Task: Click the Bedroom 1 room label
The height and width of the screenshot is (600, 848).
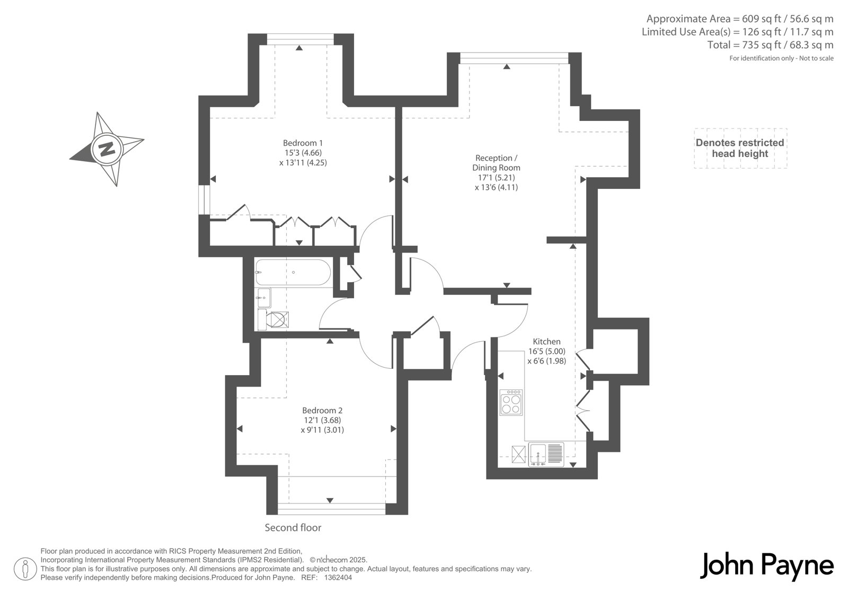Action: click(303, 143)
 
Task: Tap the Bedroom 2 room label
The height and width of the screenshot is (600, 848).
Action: click(322, 410)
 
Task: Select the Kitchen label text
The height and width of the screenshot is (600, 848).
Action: click(546, 341)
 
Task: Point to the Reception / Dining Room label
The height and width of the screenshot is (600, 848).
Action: click(496, 163)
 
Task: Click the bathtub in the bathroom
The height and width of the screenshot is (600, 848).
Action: click(293, 272)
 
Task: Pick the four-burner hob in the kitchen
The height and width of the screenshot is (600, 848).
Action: click(511, 403)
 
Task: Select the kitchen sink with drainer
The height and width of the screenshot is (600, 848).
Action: click(546, 455)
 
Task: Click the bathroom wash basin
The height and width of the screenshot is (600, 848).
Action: click(264, 298)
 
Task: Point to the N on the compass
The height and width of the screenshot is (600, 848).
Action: click(107, 148)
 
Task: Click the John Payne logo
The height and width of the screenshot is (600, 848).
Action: click(766, 566)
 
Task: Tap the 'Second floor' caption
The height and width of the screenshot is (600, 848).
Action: click(293, 528)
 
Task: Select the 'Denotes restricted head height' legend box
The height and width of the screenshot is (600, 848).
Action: click(740, 148)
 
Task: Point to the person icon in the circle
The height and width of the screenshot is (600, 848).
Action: click(25, 569)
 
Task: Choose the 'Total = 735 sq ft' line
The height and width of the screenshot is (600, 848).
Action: click(771, 45)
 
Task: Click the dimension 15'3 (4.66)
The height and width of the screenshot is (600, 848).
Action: click(303, 153)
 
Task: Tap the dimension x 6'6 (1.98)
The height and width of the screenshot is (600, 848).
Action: click(546, 361)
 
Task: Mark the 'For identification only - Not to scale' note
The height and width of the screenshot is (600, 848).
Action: click(781, 58)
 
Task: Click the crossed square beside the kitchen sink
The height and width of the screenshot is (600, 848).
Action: click(519, 454)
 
